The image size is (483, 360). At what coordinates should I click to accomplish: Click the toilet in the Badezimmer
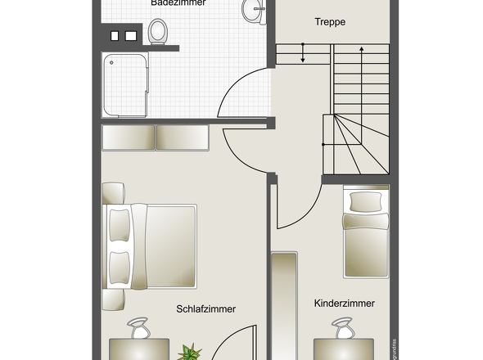pos(159,31)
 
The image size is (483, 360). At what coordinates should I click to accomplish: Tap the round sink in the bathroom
pos(253,11)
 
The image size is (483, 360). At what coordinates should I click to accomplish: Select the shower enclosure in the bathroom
pos(125,86)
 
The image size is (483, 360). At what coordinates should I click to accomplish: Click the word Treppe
pos(330,22)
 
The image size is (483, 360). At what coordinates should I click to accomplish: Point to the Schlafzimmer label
pos(205,308)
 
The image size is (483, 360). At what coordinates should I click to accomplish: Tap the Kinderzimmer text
pos(344,303)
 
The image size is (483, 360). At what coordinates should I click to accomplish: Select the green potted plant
pos(191,353)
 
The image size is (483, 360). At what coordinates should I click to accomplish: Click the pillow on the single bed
pos(366,200)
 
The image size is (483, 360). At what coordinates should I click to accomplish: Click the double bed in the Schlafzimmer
pos(151,245)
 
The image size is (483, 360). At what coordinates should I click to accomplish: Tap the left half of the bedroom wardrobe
pos(128,137)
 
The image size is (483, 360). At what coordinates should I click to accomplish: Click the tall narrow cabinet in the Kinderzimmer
pos(284,303)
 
